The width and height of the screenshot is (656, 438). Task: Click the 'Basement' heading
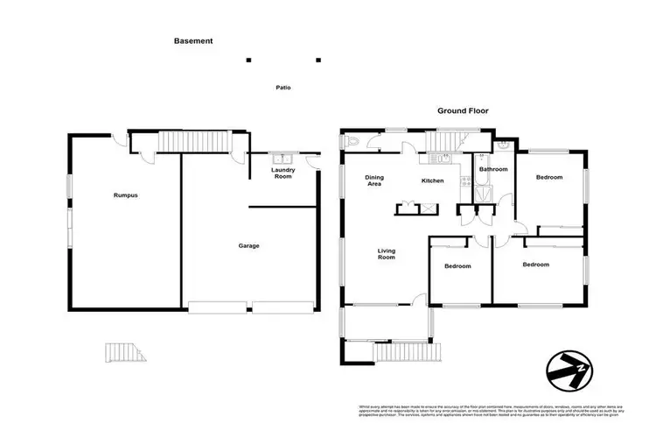point(193,40)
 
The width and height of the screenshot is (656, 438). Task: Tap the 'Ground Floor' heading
point(463,111)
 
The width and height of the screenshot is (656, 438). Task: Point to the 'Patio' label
point(282,88)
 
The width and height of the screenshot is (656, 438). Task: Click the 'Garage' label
point(248,246)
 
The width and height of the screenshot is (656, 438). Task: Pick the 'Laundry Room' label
point(283,173)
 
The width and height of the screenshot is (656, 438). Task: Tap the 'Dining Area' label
point(374,181)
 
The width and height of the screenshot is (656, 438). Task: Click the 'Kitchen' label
point(433,181)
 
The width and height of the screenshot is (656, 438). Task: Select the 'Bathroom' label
point(493,169)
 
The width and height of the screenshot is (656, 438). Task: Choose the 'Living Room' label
point(386,255)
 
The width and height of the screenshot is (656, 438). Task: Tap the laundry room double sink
point(282,159)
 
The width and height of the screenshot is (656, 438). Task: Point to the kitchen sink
point(441,159)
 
